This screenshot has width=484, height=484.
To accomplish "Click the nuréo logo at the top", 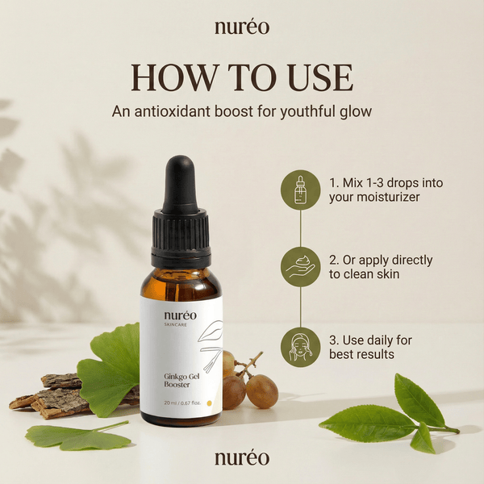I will pos(242,27).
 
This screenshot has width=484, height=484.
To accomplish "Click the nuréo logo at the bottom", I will pos(242,458).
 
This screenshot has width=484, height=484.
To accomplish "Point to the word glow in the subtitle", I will pos(354,112).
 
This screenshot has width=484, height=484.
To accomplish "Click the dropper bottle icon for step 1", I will pos(300,190).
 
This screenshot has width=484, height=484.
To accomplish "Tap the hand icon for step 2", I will pos(300,267).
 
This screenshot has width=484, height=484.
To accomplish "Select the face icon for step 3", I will pos(300,346).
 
